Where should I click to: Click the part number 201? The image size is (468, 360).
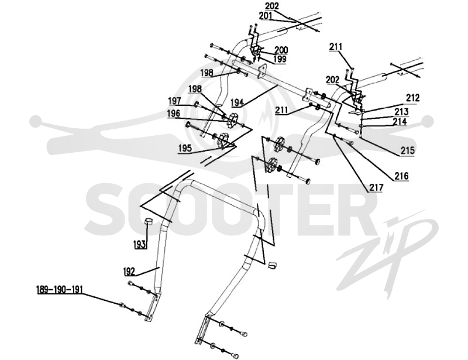point(266,16)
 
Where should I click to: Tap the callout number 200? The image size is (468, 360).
point(281,50)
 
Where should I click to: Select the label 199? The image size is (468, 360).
point(280,59)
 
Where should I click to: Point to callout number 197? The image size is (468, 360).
point(174,101)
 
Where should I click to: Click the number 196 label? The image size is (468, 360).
point(174,113)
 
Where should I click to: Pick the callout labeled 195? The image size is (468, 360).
point(185,148)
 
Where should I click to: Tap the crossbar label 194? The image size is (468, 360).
point(238,102)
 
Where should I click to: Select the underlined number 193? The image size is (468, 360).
point(140,244)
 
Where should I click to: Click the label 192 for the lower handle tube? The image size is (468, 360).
point(129,272)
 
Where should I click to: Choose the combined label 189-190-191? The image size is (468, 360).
point(60,290)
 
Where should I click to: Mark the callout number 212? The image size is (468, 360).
point(413,98)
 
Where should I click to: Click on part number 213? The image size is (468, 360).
point(401,111)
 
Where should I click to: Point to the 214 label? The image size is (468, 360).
point(400,121)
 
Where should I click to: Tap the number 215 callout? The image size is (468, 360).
point(408,150)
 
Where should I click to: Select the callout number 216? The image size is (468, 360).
point(401,176)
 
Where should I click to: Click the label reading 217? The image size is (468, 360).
point(376,187)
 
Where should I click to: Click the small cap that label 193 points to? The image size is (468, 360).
point(149,221)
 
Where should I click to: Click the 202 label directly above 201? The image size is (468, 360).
point(272,6)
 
